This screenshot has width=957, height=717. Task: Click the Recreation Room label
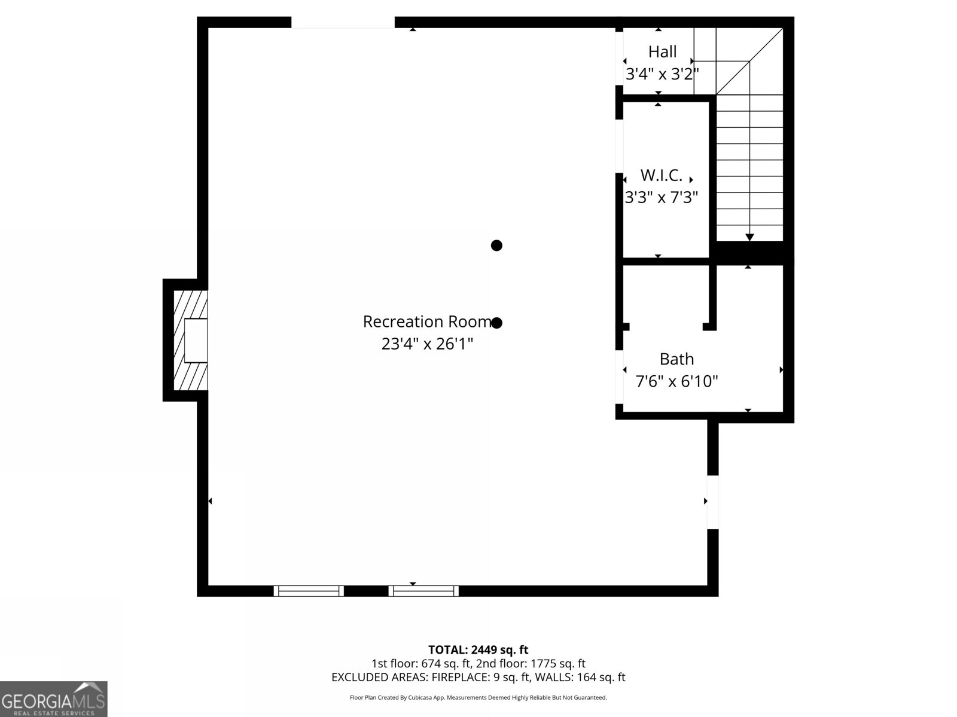(x=427, y=321)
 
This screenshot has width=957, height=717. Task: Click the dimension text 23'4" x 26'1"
(x=427, y=344)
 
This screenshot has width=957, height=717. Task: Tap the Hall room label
(x=662, y=52)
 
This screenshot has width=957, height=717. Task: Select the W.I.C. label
(x=661, y=176)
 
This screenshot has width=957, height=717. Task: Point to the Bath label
(x=676, y=359)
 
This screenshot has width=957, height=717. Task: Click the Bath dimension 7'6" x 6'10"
(x=676, y=381)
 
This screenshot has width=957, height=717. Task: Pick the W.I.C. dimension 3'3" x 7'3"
(x=662, y=197)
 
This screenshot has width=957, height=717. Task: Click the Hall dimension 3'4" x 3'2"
(x=662, y=74)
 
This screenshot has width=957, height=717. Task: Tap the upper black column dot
(x=496, y=245)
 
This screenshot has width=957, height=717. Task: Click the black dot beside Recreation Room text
(x=496, y=323)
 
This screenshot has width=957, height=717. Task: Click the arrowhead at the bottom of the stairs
(x=749, y=237)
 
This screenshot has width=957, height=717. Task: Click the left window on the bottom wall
(x=309, y=591)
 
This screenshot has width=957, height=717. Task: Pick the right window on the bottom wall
(x=423, y=591)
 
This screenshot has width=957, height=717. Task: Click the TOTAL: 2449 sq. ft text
(x=478, y=649)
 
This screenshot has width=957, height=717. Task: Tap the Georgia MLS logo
(x=53, y=699)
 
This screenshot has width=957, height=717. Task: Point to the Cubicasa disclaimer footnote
(x=478, y=697)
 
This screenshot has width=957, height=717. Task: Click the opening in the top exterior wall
(x=343, y=23)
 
